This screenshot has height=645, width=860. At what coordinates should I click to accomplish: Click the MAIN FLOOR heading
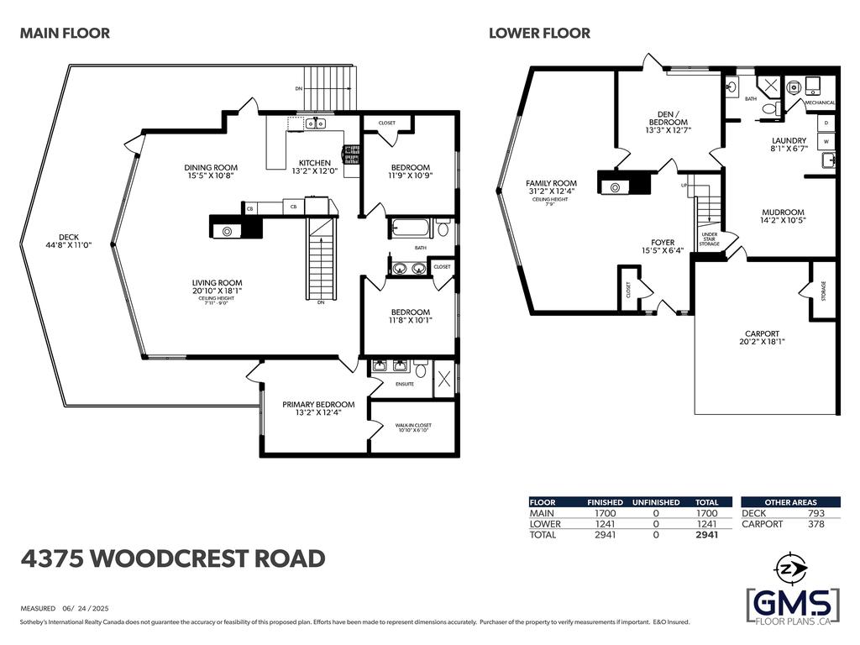coord(65,34)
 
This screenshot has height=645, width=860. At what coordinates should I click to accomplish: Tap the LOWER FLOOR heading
coord(539,34)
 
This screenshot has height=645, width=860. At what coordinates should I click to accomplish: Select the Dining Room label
coord(211,168)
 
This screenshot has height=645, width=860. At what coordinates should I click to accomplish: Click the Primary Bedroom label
coord(318,404)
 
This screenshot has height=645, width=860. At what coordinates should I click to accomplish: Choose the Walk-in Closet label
coord(413,427)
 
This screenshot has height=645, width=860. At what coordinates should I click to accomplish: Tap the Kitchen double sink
coord(316,124)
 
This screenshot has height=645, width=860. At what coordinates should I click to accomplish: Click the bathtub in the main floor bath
coord(410,228)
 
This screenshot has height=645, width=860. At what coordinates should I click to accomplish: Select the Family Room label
coord(551,183)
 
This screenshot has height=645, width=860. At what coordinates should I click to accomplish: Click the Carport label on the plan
coord(762,333)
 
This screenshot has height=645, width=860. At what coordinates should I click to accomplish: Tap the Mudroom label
coord(784,212)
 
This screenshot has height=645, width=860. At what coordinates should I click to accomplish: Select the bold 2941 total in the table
coord(706,534)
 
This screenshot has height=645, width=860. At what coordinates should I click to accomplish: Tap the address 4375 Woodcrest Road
coord(172,558)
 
